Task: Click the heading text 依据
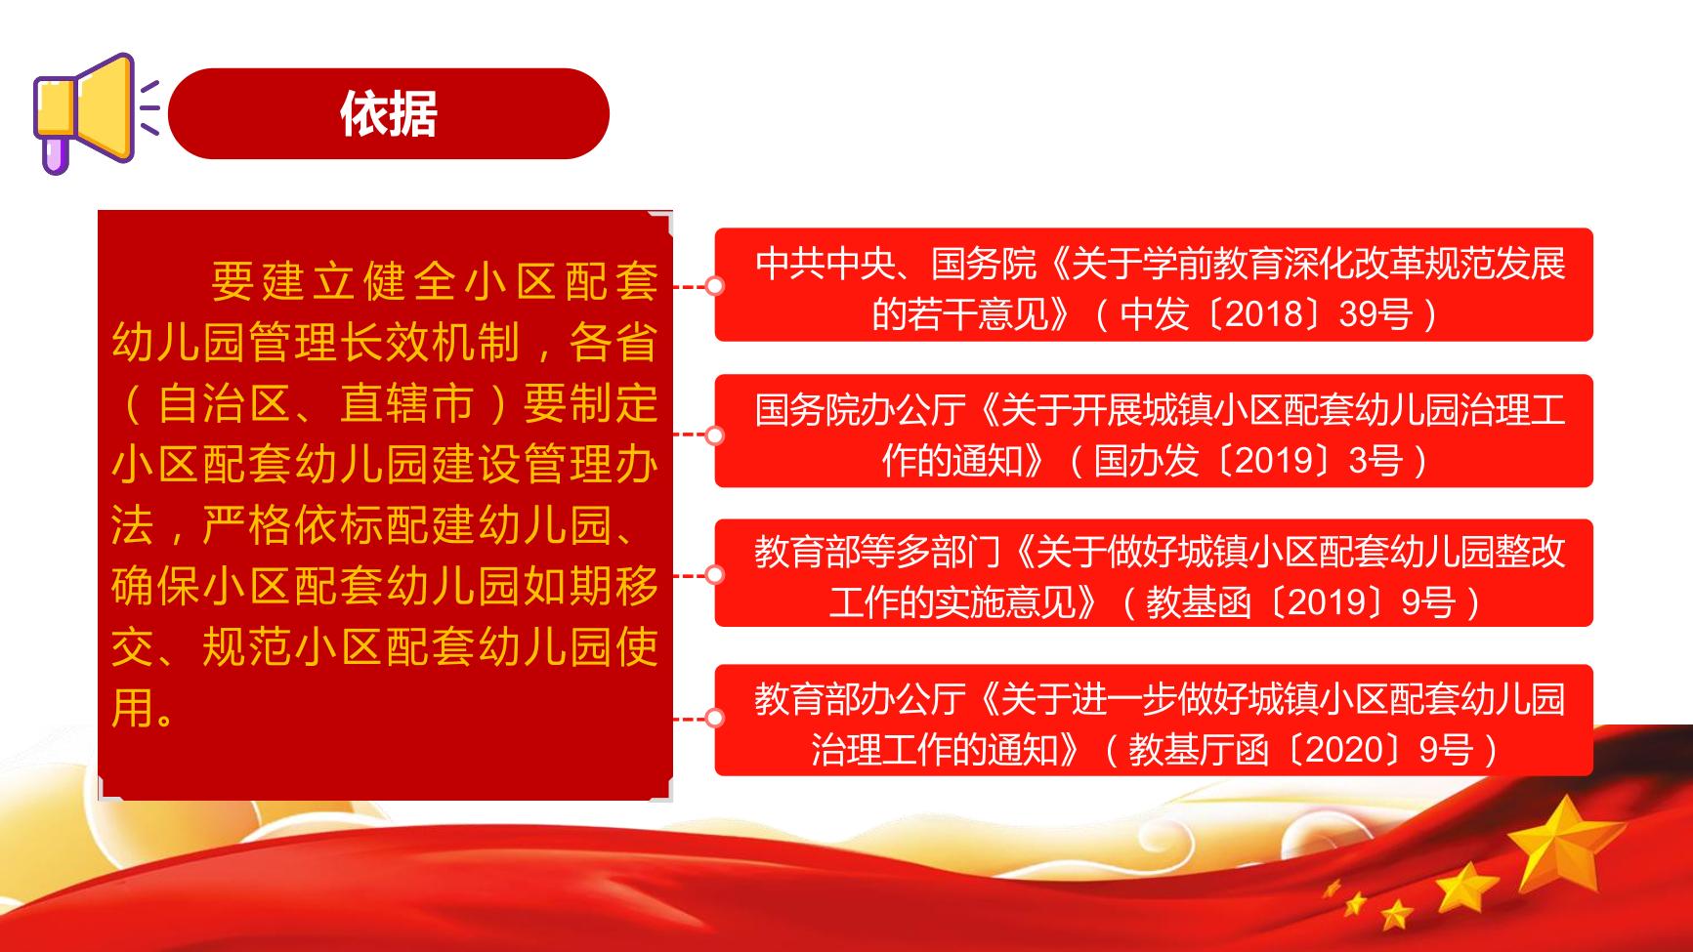click(389, 114)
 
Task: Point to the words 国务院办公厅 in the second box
click(860, 410)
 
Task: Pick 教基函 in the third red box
click(1199, 602)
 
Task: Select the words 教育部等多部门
click(877, 553)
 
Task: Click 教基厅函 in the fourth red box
click(1199, 750)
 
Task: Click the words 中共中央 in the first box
click(825, 264)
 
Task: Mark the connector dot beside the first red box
click(715, 286)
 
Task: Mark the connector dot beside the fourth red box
click(715, 719)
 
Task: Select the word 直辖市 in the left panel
click(407, 403)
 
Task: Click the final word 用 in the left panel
click(133, 707)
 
